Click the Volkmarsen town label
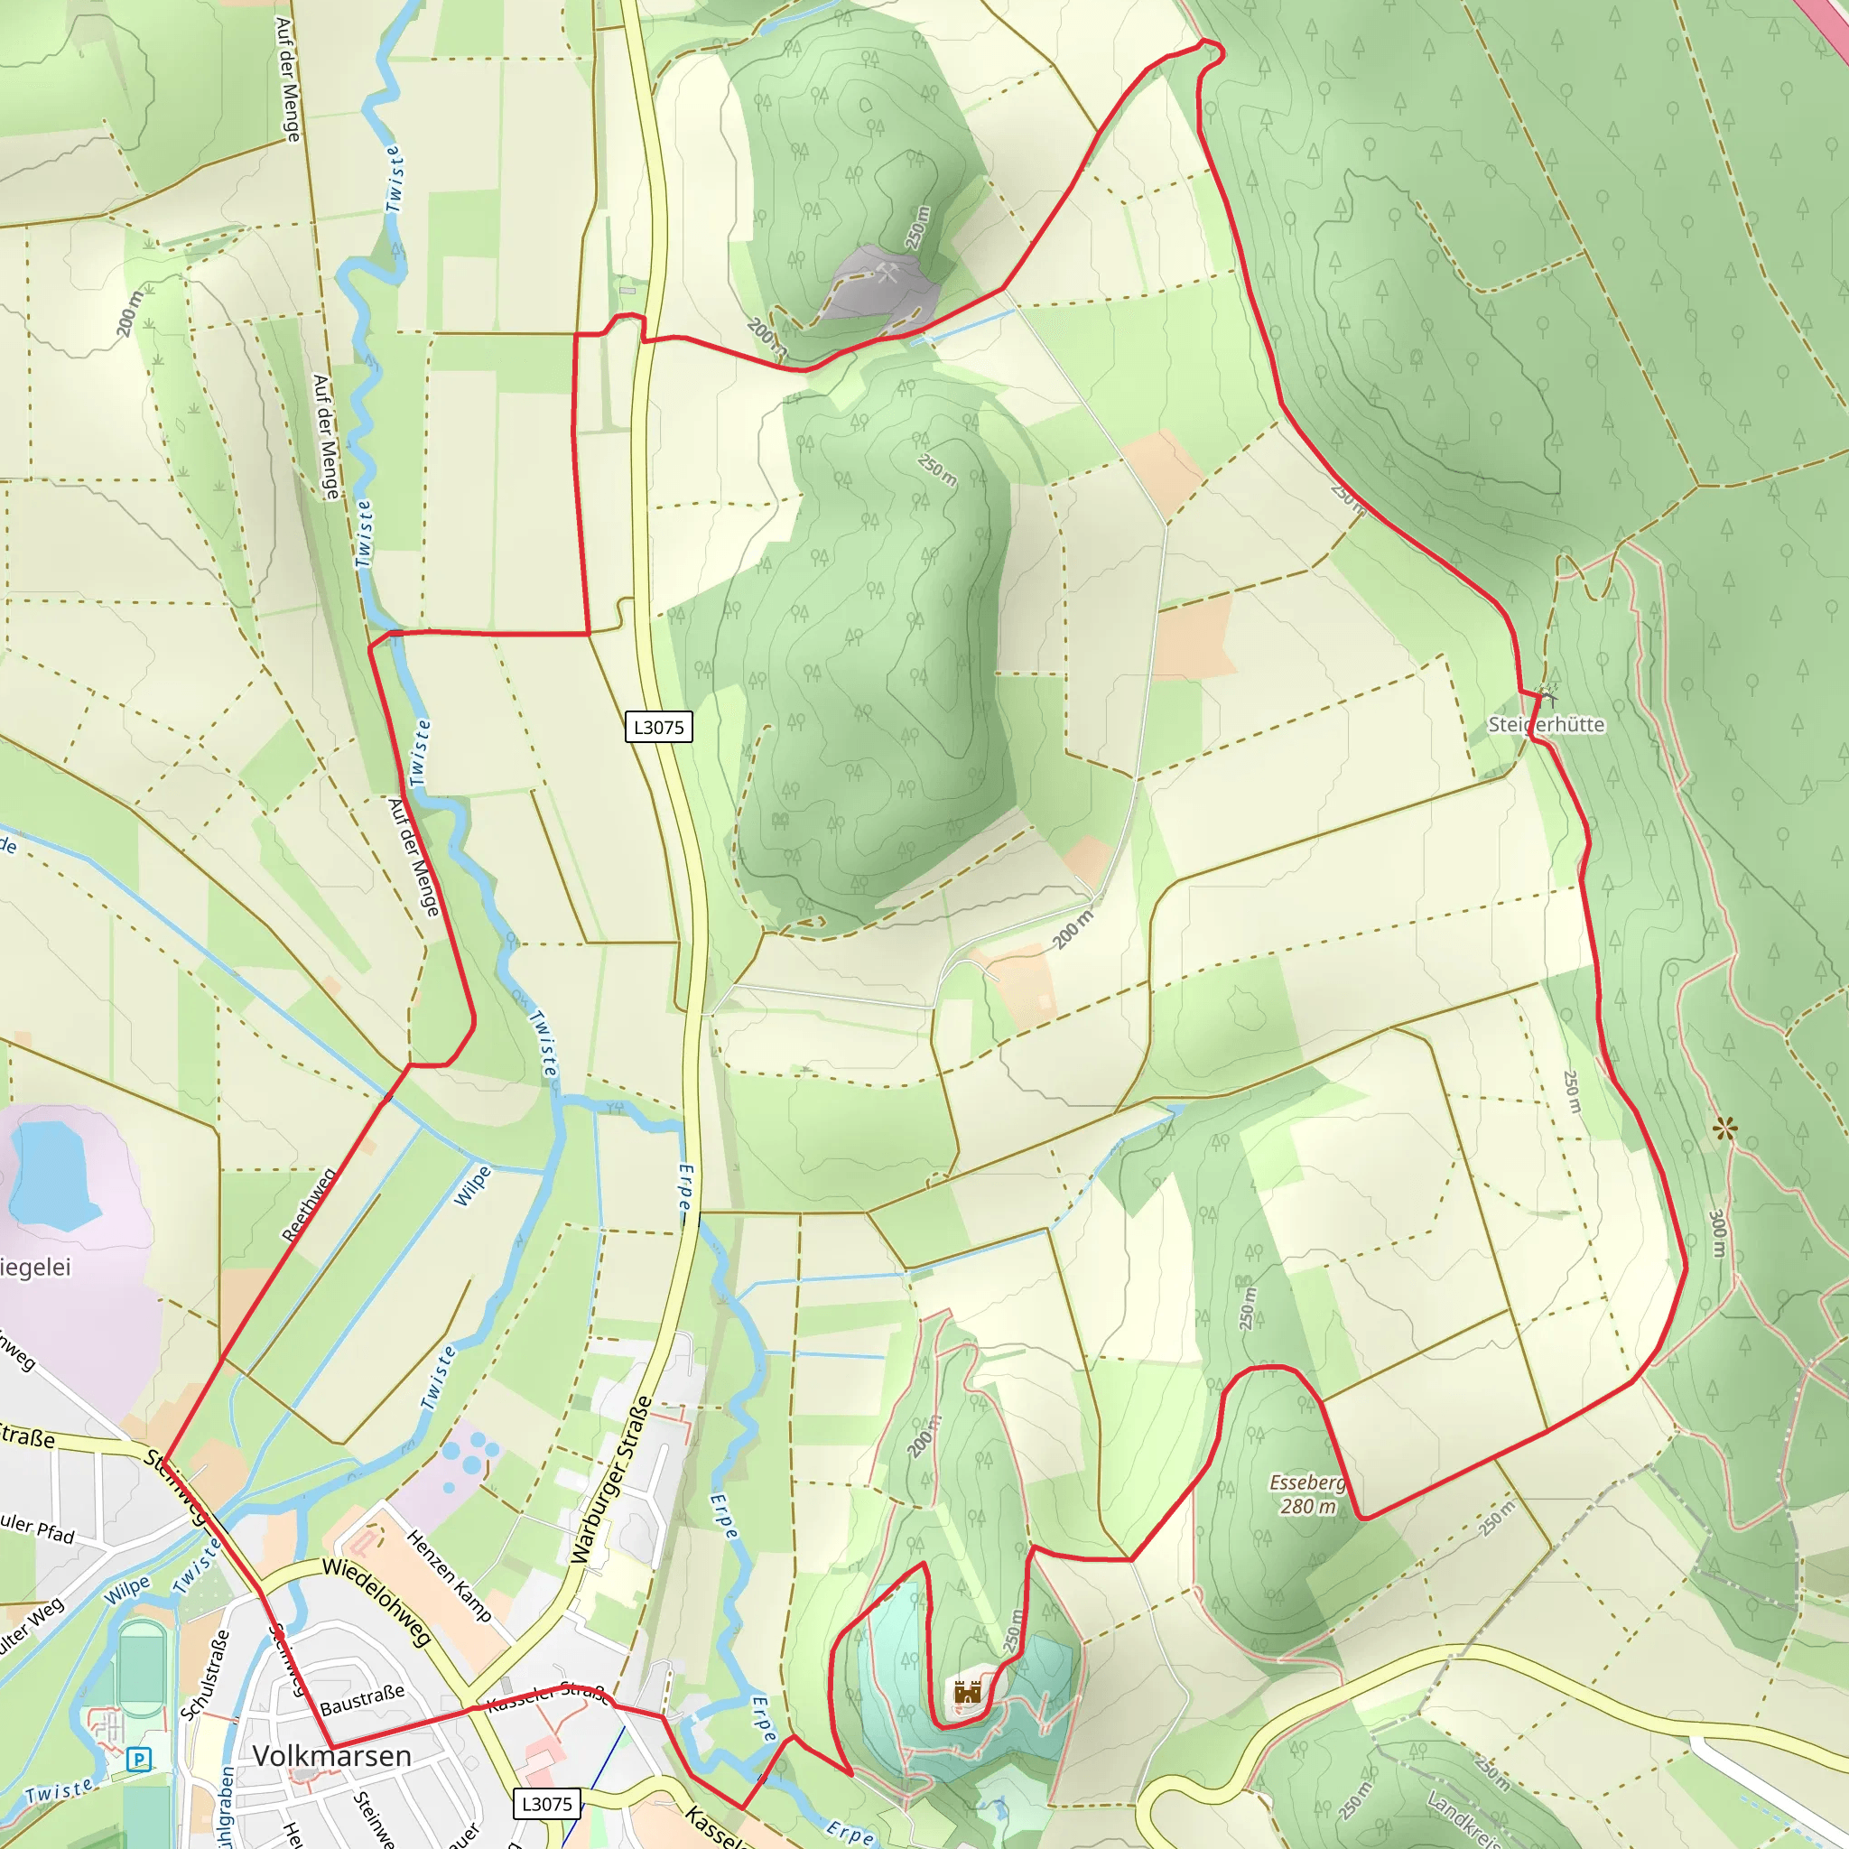331,1756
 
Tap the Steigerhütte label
1546,724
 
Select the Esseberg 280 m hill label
1307,1494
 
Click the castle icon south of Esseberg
968,1692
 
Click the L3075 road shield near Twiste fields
658,728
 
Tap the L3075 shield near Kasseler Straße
546,1804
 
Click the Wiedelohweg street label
377,1601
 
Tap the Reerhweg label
309,1205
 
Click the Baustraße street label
362,1700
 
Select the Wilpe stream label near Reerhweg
473,1185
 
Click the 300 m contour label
1718,1234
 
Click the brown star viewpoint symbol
1724,1129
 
